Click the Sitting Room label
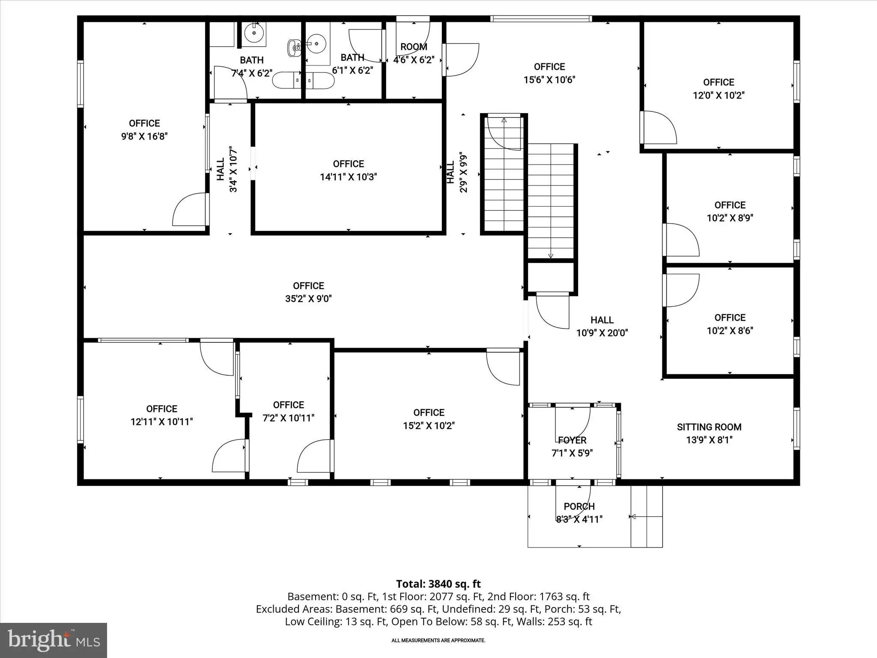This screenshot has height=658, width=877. pyautogui.click(x=709, y=427)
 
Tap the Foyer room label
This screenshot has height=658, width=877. pyautogui.click(x=572, y=440)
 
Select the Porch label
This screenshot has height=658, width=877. pyautogui.click(x=579, y=506)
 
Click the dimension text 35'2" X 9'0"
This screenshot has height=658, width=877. pyautogui.click(x=308, y=299)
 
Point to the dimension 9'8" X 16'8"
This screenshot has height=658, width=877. pyautogui.click(x=144, y=136)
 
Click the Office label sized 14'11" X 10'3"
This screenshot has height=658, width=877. pyautogui.click(x=349, y=164)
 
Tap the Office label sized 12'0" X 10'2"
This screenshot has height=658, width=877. pyautogui.click(x=719, y=82)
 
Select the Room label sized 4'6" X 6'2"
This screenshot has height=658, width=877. pyautogui.click(x=414, y=47)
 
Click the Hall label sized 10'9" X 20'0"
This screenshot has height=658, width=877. pyautogui.click(x=602, y=320)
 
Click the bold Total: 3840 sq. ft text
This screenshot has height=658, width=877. pyautogui.click(x=438, y=584)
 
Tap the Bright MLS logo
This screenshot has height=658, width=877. pyautogui.click(x=54, y=640)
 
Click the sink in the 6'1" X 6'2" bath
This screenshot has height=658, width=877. pyautogui.click(x=317, y=43)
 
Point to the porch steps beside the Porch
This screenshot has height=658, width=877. pyautogui.click(x=647, y=517)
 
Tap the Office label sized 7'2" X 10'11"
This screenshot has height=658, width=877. pyautogui.click(x=288, y=405)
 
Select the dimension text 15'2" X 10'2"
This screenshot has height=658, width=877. pyautogui.click(x=429, y=426)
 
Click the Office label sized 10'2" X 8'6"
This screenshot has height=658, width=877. pyautogui.click(x=730, y=317)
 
